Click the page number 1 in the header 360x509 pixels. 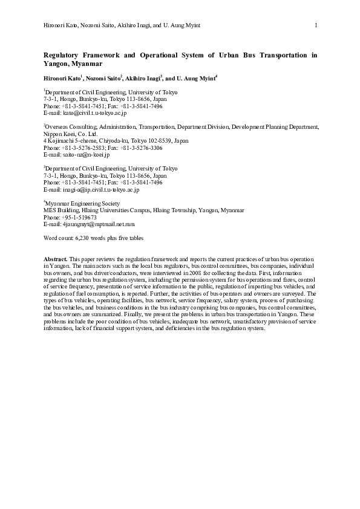point(316,25)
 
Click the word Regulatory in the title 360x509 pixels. point(65,55)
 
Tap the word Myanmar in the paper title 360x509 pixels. point(88,63)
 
